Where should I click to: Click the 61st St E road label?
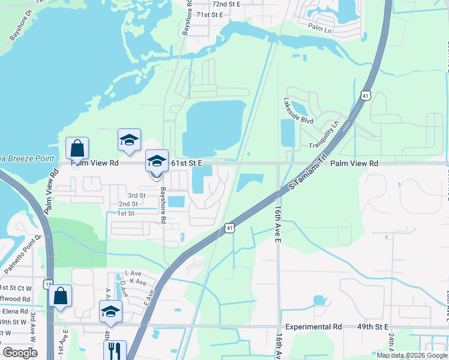point(187,163)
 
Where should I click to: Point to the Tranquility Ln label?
point(324,137)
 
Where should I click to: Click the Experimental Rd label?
point(313,327)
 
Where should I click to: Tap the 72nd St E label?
point(226,4)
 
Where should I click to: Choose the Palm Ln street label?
point(319,27)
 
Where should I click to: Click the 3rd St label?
point(137,196)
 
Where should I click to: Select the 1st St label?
point(125,214)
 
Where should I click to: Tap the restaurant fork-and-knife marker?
point(115,350)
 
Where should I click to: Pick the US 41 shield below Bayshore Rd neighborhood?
point(229,228)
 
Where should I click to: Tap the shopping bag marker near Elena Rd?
point(61,296)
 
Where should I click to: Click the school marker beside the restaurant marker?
point(111,311)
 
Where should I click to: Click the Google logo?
point(20,353)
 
